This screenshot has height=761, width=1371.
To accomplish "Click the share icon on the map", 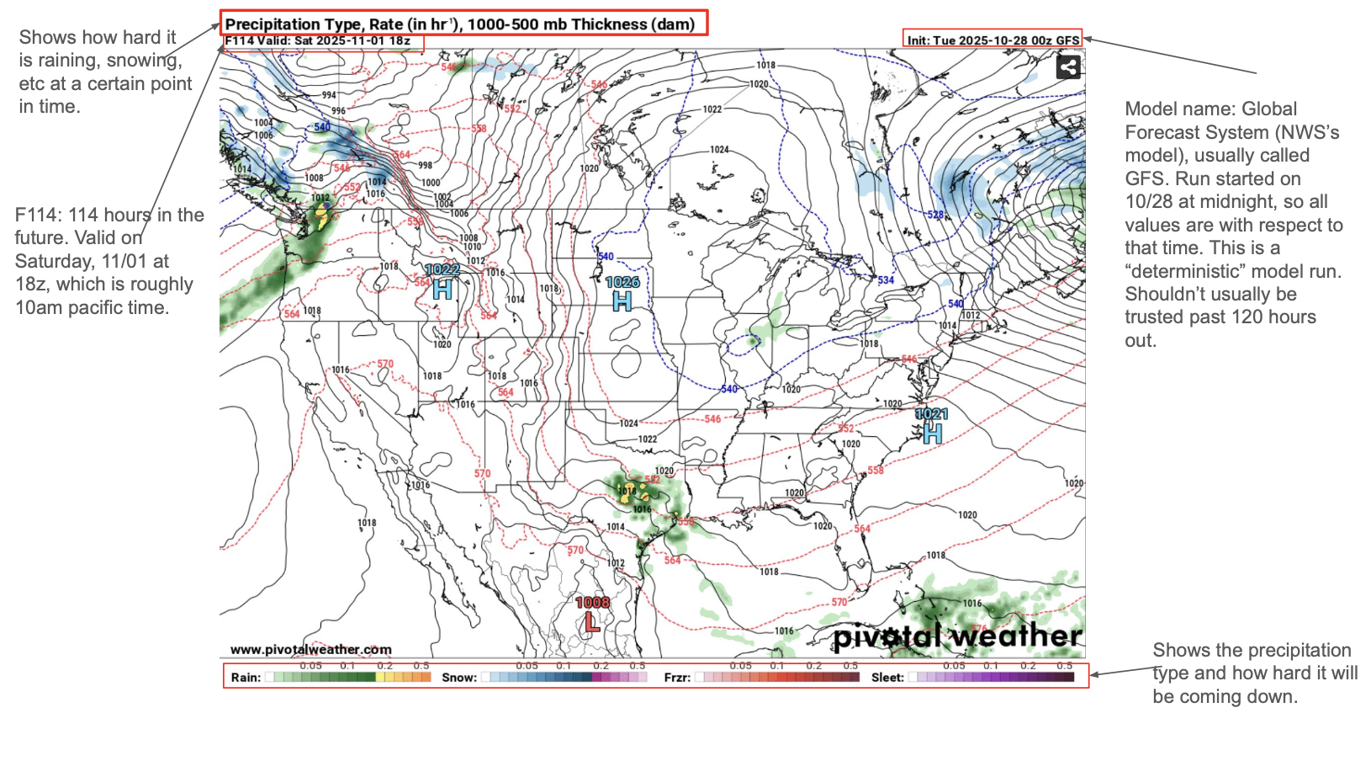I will (x=1068, y=67).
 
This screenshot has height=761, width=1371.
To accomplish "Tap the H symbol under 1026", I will (x=622, y=301).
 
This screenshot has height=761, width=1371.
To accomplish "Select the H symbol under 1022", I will (x=442, y=289).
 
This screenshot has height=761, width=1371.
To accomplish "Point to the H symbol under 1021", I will (x=932, y=433).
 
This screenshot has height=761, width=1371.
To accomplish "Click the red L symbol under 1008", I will (x=592, y=622).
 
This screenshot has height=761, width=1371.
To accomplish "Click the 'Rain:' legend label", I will (x=246, y=678).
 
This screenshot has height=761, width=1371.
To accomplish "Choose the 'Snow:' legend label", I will (x=459, y=678).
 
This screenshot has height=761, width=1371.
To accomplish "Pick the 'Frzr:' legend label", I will (x=677, y=678).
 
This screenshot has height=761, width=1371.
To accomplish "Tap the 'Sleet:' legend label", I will (x=887, y=678).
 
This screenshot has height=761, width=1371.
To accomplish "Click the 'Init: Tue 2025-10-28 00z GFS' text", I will (x=993, y=40).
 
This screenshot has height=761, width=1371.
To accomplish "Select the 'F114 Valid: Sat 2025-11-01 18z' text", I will (x=318, y=40).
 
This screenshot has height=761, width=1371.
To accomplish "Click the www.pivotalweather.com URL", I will (x=310, y=649).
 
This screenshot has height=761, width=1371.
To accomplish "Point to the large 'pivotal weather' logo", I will (x=957, y=636).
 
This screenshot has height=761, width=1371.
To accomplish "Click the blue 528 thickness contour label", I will (x=935, y=215).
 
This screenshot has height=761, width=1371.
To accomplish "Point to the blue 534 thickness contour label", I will (x=886, y=280).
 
